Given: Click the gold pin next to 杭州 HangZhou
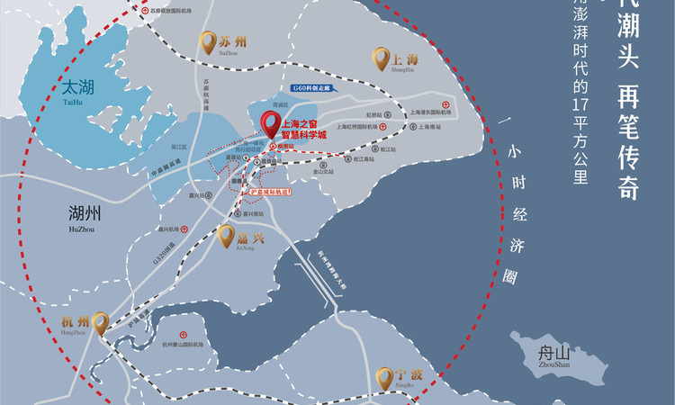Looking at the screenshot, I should pyautogui.click(x=100, y=322).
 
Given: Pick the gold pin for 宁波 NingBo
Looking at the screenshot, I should pyautogui.click(x=385, y=376).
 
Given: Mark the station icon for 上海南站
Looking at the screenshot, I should pyautogui.click(x=411, y=126).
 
